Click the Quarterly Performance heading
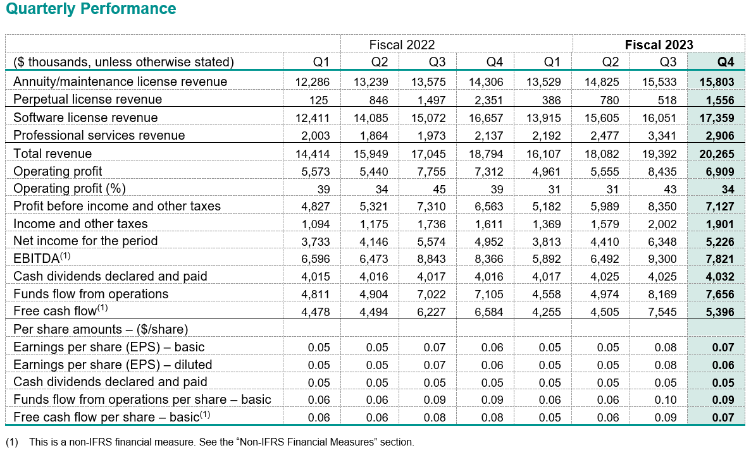click(x=90, y=9)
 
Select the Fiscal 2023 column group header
click(x=659, y=44)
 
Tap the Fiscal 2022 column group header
click(x=402, y=44)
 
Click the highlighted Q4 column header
click(x=725, y=62)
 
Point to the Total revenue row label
click(x=53, y=154)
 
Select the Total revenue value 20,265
click(x=717, y=154)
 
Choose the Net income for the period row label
click(x=85, y=241)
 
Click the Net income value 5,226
click(x=719, y=241)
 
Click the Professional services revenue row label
click(x=99, y=135)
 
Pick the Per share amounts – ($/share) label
click(x=101, y=329)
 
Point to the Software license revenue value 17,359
click(x=717, y=118)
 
